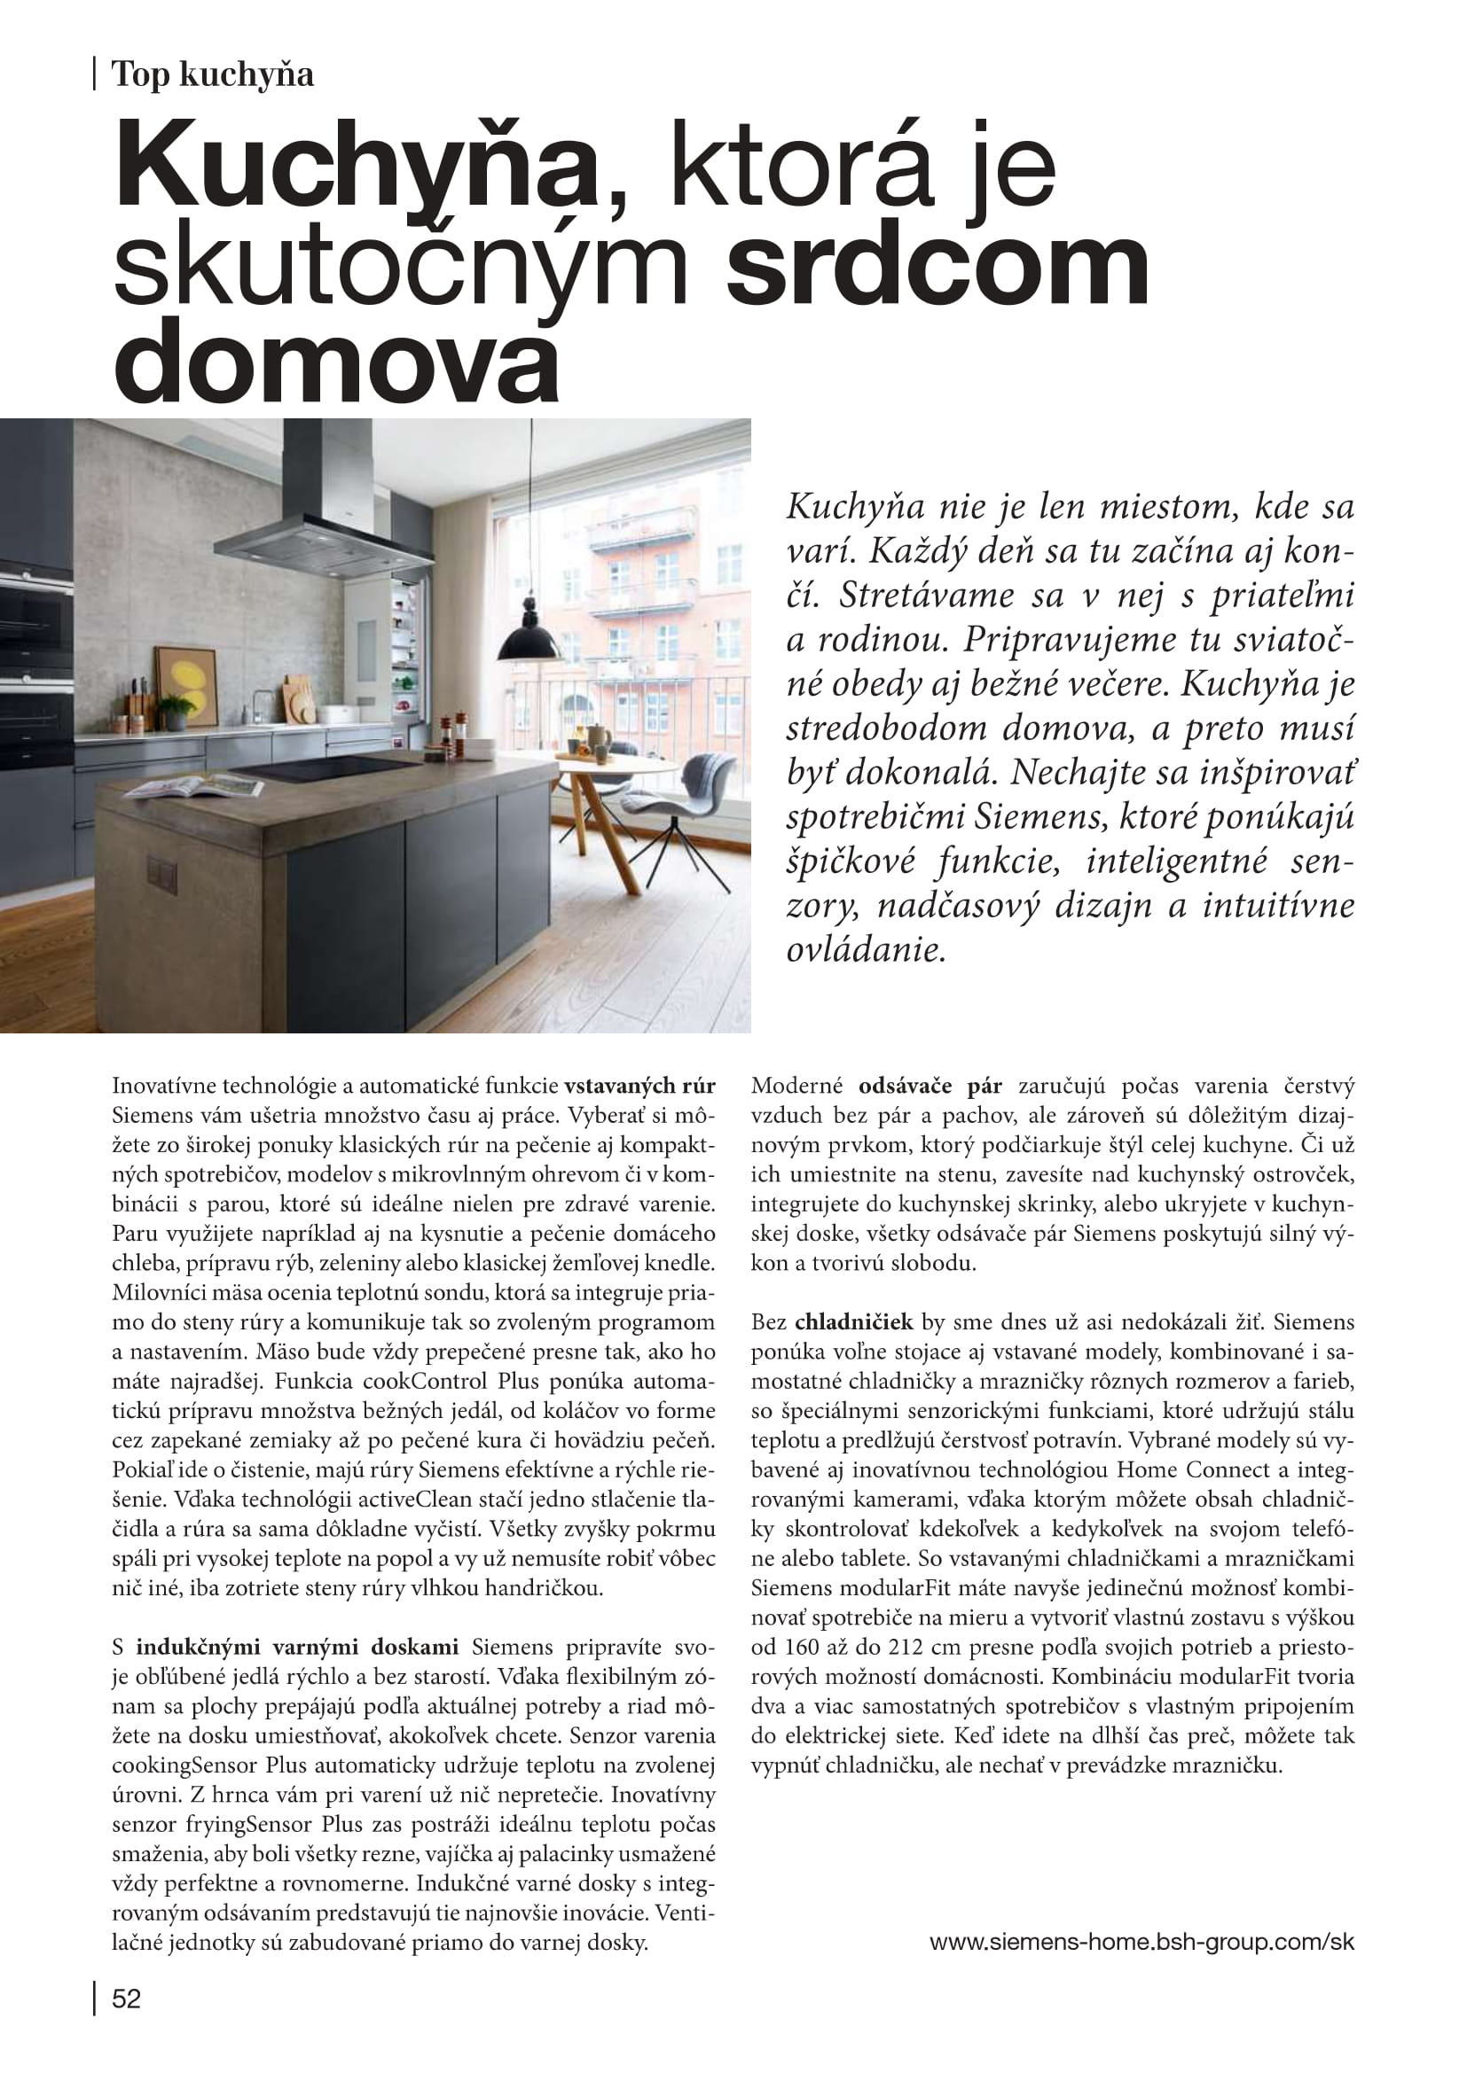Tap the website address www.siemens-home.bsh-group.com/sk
[x=1141, y=1941]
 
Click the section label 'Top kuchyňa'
[x=212, y=74]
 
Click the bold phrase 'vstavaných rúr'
[x=639, y=1086]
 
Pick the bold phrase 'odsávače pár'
[x=930, y=1086]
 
